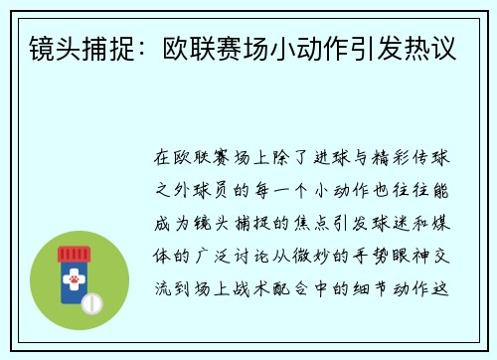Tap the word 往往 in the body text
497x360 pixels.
tap(413, 185)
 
